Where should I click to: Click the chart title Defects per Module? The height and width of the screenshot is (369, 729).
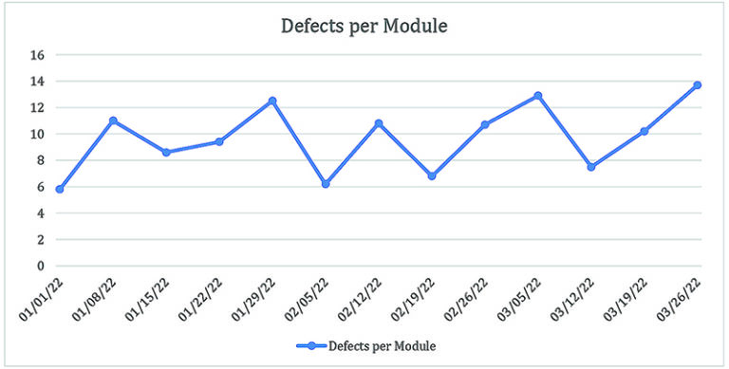point(364,27)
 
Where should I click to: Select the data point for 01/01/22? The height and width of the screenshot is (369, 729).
point(60,190)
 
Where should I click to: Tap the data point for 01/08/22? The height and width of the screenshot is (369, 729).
point(113,120)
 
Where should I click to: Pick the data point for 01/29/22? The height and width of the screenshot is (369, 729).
point(272,101)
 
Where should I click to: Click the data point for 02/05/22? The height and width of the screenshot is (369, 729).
point(326,184)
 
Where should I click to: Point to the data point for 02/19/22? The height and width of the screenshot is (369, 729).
point(432,175)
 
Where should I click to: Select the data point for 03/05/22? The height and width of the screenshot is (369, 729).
point(538,96)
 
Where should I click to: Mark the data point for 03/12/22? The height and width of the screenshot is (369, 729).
point(591,167)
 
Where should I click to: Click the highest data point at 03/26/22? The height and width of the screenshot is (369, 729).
point(698,85)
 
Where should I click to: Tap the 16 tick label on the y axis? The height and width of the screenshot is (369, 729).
point(38,55)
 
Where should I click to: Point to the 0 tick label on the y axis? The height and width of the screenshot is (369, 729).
point(42,267)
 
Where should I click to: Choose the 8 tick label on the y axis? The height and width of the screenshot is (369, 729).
point(42,160)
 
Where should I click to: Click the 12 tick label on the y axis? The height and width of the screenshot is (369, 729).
point(38,108)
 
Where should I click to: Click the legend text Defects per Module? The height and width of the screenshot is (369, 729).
point(383,345)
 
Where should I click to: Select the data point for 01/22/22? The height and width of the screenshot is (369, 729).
point(219,141)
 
